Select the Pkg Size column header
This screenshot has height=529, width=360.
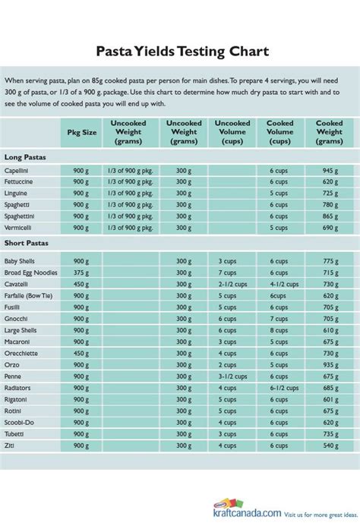pyautogui.click(x=81, y=131)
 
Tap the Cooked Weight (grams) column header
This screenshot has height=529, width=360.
pyautogui.click(x=329, y=131)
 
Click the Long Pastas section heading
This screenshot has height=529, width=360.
pyautogui.click(x=26, y=157)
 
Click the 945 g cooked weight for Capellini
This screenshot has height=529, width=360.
pyautogui.click(x=329, y=172)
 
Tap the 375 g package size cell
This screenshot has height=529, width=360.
pyautogui.click(x=81, y=272)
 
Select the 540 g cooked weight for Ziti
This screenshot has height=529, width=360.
pyautogui.click(x=329, y=444)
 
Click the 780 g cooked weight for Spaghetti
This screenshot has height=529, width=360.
pyautogui.click(x=329, y=205)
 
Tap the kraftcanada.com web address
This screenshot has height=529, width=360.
pyautogui.click(x=243, y=514)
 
